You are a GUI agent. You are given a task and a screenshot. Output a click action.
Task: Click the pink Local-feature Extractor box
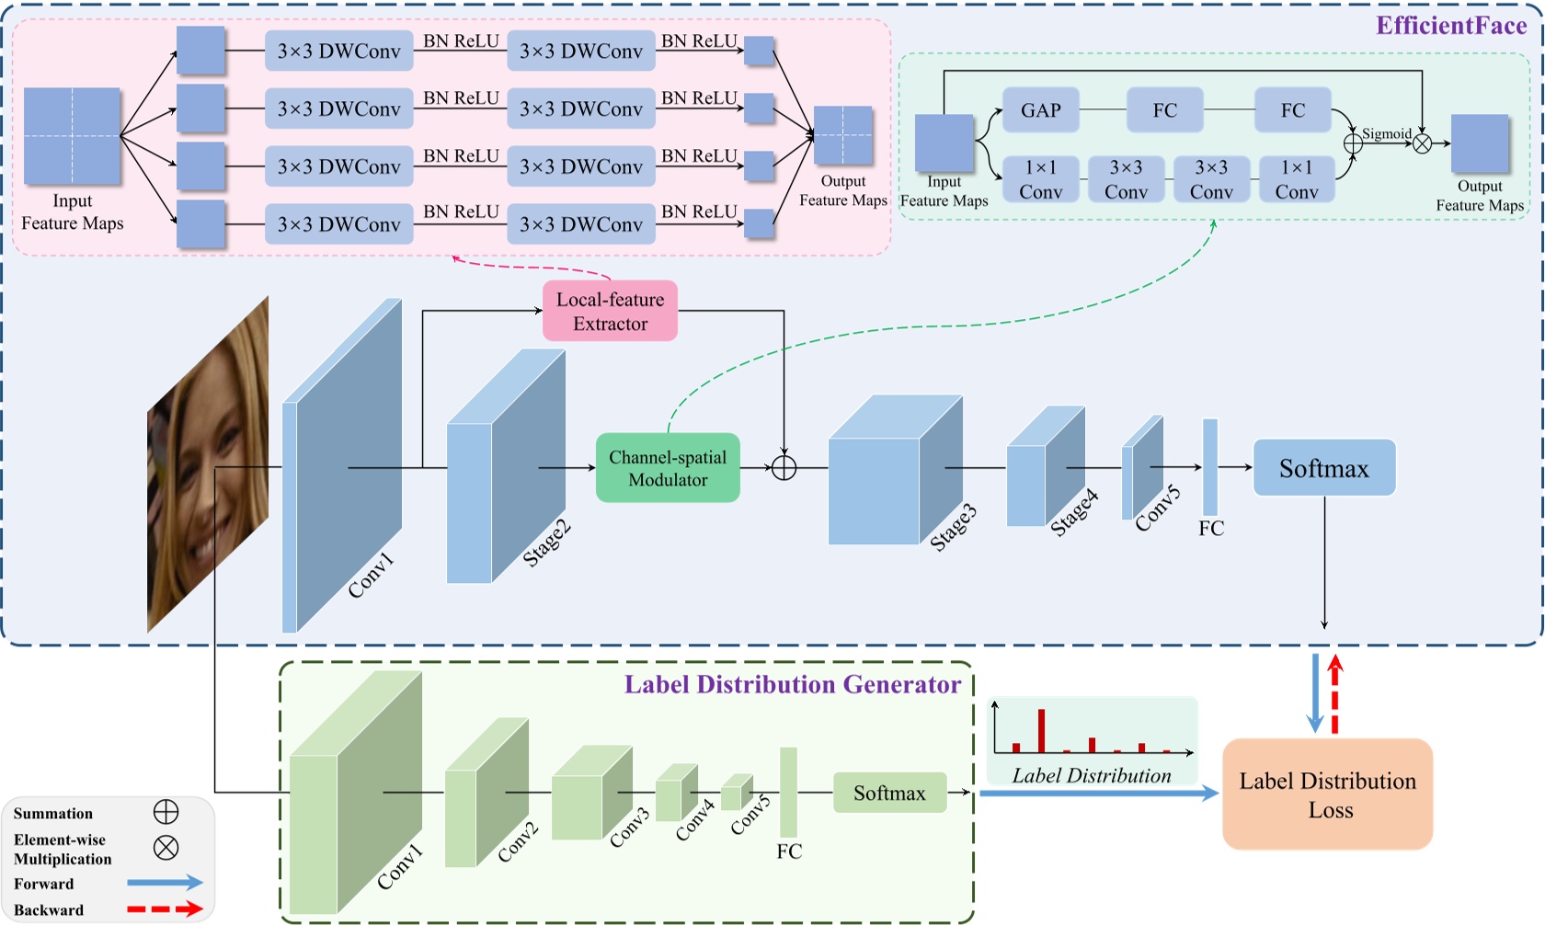click(610, 311)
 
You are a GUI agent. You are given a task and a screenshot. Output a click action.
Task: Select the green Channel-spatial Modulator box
click(668, 468)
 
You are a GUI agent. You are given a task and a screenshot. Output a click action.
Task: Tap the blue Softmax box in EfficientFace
click(1323, 468)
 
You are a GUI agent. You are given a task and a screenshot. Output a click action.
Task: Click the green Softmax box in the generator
click(889, 793)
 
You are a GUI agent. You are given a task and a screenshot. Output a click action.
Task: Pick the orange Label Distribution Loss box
click(1327, 794)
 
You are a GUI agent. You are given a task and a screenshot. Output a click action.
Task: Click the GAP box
click(1040, 110)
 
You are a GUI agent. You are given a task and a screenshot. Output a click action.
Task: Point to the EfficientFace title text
click(1451, 26)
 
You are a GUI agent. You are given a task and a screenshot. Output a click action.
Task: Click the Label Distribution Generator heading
click(792, 685)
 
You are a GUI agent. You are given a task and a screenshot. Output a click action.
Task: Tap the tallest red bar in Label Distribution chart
click(1041, 730)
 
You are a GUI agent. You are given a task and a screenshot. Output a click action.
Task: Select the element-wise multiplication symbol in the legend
click(166, 847)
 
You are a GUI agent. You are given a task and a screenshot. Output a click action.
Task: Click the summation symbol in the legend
click(166, 812)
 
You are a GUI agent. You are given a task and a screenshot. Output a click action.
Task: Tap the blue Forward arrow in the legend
click(165, 883)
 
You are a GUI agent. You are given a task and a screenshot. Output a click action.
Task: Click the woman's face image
click(208, 464)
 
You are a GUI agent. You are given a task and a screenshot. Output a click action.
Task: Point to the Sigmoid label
click(1386, 134)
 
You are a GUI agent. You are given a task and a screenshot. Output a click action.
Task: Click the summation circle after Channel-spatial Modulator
click(784, 468)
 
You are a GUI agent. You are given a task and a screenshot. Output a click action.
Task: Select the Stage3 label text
click(953, 528)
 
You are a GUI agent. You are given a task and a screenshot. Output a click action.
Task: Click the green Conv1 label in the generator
click(400, 867)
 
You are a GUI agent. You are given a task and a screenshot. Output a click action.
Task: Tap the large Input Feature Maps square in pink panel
click(72, 136)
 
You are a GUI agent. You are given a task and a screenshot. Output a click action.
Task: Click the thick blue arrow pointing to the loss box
click(1099, 793)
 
